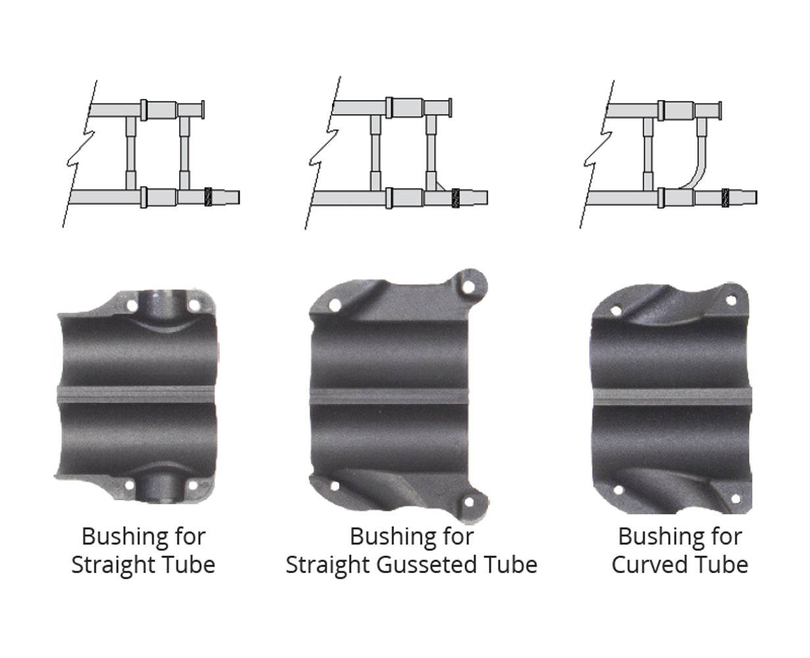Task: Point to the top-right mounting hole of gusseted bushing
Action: (x=469, y=288)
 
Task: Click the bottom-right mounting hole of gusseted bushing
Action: (x=469, y=503)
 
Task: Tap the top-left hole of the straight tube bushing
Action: (x=132, y=305)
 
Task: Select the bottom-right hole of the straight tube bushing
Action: (x=193, y=486)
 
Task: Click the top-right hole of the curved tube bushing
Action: (x=731, y=301)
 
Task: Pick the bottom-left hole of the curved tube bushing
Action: (x=619, y=490)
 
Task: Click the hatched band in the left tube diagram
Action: (x=208, y=197)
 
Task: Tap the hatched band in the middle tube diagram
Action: (x=455, y=198)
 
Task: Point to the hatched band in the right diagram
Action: (x=725, y=198)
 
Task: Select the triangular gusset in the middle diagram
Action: (x=440, y=186)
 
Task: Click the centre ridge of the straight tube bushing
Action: (x=137, y=394)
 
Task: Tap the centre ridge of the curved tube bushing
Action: (x=672, y=397)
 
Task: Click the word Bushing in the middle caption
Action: (x=388, y=537)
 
